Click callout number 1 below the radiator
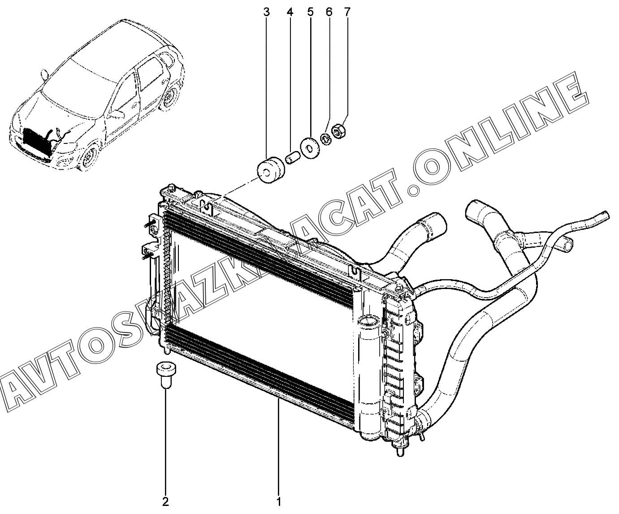[278, 501]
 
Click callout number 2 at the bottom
[165, 501]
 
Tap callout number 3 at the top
[267, 12]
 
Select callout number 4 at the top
[290, 12]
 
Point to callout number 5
[311, 12]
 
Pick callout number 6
[329, 12]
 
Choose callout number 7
[346, 12]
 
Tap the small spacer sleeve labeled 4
[292, 158]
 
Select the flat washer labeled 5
[309, 147]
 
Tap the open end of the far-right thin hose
[606, 216]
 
